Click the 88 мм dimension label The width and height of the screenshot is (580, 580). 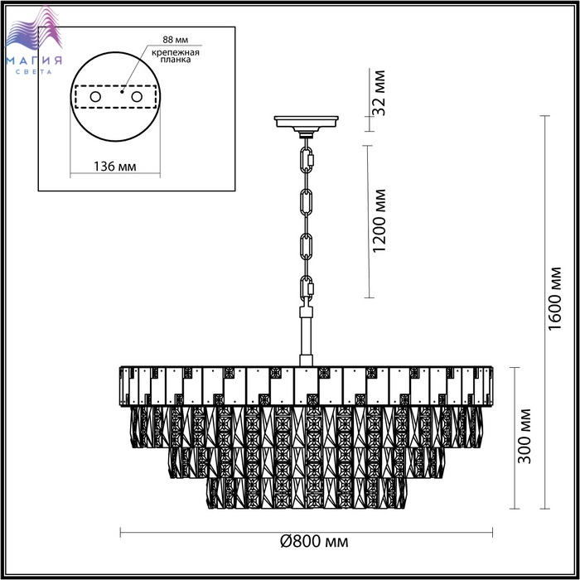pos(176,40)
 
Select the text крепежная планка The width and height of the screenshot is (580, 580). pos(176,56)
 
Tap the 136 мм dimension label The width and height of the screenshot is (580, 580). pos(114,167)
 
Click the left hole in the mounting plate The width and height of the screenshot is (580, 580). pos(95,97)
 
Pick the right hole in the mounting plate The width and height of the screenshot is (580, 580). pos(137,97)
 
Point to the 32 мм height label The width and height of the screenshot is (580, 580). pos(379,93)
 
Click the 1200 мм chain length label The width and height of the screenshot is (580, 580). pos(379,221)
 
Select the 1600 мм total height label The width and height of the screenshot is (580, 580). pos(555,298)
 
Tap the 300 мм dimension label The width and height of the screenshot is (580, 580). pos(524,436)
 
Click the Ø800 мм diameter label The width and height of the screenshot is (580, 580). pos(314,542)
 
